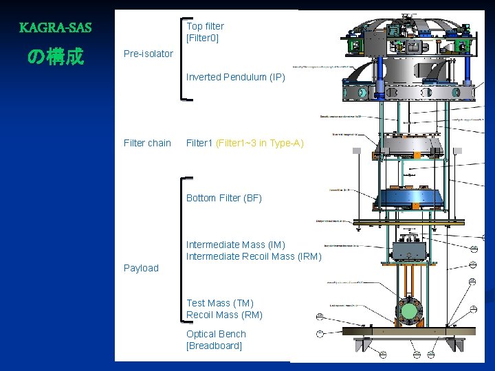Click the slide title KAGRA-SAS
coord(55,28)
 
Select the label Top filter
coord(205,26)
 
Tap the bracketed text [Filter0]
coord(202,38)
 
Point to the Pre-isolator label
coord(148,54)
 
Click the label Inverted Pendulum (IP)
coord(235,77)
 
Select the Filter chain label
coord(147,143)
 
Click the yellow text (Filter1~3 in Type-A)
coord(259,143)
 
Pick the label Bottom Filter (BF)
coord(223,198)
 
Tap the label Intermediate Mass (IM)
coord(235,245)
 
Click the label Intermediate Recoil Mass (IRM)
coord(254,256)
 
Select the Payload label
coord(141,268)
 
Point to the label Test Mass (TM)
coord(219,303)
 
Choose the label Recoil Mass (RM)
coord(224,315)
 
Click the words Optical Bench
coord(216,334)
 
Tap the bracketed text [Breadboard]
coord(214,346)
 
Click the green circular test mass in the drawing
coord(409,311)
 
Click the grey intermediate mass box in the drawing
coord(410,251)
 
